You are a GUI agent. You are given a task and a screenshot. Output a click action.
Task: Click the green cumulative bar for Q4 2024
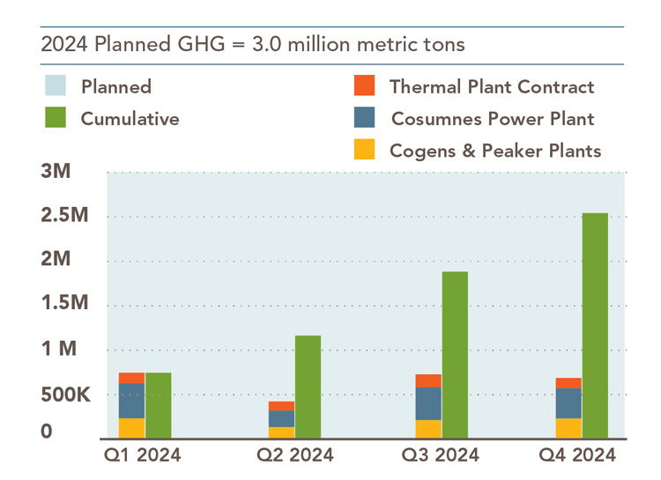pyautogui.click(x=595, y=325)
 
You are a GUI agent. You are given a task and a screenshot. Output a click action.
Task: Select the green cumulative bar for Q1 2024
pyautogui.click(x=158, y=405)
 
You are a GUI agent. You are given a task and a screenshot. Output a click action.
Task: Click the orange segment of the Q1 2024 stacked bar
pyautogui.click(x=131, y=378)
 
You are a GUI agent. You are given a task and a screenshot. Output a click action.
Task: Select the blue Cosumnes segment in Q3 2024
pyautogui.click(x=428, y=403)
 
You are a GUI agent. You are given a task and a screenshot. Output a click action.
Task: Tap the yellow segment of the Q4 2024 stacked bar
pyautogui.click(x=568, y=428)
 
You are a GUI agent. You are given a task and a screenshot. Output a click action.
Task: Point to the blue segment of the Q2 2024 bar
pyautogui.click(x=281, y=418)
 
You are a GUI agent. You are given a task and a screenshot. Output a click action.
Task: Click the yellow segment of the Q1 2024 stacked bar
pyautogui.click(x=131, y=428)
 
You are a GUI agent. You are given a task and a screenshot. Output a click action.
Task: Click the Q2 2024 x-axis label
pyautogui.click(x=295, y=455)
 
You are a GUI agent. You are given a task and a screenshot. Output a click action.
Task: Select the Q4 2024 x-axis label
pyautogui.click(x=577, y=455)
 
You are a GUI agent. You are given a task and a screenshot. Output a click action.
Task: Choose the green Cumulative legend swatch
pyautogui.click(x=56, y=117)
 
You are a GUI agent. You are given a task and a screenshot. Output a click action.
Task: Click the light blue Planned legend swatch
pyautogui.click(x=56, y=86)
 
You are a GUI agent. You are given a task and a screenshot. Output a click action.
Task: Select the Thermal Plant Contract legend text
pyautogui.click(x=491, y=86)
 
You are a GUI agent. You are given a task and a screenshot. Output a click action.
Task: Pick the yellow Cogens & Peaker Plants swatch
pyautogui.click(x=364, y=150)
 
